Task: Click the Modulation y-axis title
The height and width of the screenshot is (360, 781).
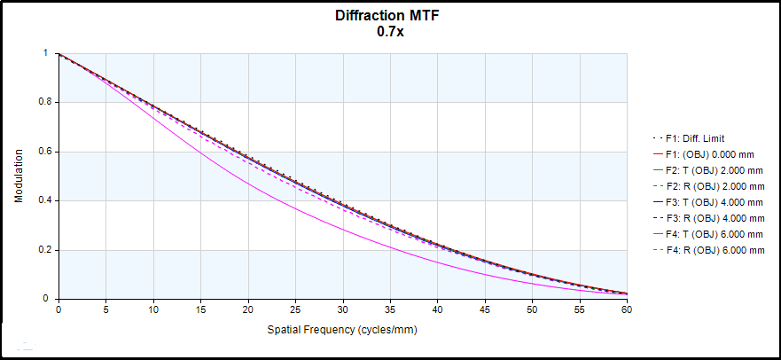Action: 19,176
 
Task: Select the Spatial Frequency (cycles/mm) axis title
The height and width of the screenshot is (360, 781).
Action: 342,330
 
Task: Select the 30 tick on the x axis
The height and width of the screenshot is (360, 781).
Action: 342,309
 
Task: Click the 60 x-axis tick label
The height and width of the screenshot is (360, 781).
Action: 627,309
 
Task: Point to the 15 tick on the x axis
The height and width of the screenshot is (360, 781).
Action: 200,309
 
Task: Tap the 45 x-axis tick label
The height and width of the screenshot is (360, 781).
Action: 485,309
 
